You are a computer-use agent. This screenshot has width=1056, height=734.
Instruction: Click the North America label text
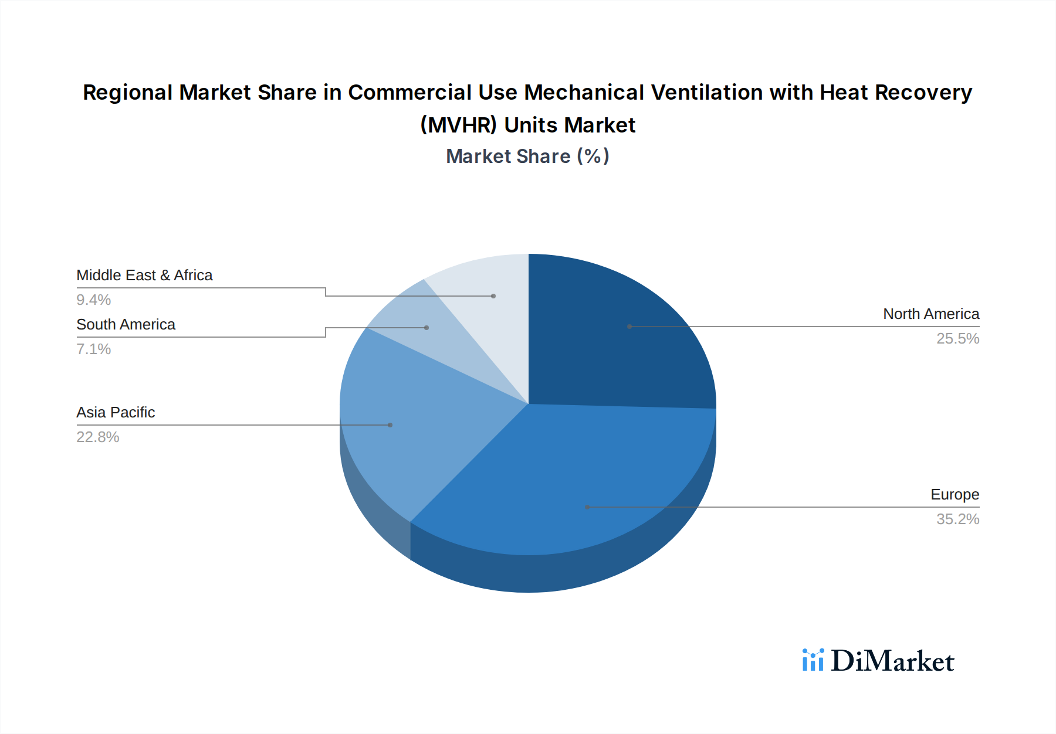[x=930, y=314]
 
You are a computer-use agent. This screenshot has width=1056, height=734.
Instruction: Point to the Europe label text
[x=955, y=495]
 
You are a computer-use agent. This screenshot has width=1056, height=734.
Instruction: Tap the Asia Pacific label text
[x=116, y=413]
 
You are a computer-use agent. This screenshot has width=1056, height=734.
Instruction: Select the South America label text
[x=126, y=325]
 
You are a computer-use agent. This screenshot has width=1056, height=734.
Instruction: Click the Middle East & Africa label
[x=144, y=276]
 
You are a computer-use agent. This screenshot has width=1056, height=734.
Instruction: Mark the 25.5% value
[x=957, y=339]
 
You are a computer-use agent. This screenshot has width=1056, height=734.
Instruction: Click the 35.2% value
[x=957, y=519]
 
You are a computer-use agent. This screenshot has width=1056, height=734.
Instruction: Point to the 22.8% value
[x=98, y=437]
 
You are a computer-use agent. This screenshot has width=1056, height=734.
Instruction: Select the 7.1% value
[x=94, y=349]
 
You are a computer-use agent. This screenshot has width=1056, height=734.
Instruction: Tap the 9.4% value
[x=94, y=300]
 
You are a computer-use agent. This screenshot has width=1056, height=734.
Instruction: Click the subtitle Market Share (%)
[x=527, y=157]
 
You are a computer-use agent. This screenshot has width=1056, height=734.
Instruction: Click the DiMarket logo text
[x=892, y=661]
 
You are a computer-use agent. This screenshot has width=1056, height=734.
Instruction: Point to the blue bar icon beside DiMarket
[x=813, y=660]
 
